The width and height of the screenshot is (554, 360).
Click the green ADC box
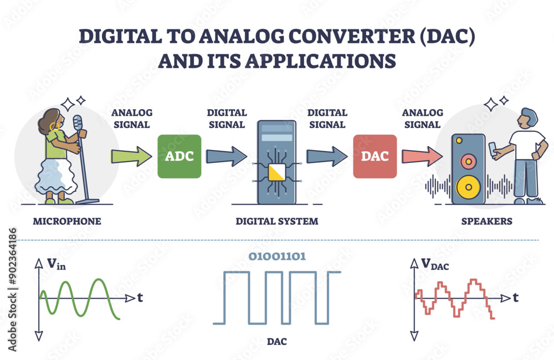(179, 156)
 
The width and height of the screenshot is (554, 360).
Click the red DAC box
(375, 156)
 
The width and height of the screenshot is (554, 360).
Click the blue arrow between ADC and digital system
(227, 156)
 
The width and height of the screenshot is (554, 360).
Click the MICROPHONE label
(67, 222)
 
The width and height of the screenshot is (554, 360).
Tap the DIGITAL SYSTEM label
(277, 222)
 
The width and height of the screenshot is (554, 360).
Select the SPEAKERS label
(487, 222)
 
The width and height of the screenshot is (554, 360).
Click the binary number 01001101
(277, 256)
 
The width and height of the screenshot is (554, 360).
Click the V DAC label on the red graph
(434, 265)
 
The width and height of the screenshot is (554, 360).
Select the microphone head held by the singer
(78, 122)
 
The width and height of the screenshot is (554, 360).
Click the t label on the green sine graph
(140, 298)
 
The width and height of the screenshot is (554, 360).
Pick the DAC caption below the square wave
(277, 342)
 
